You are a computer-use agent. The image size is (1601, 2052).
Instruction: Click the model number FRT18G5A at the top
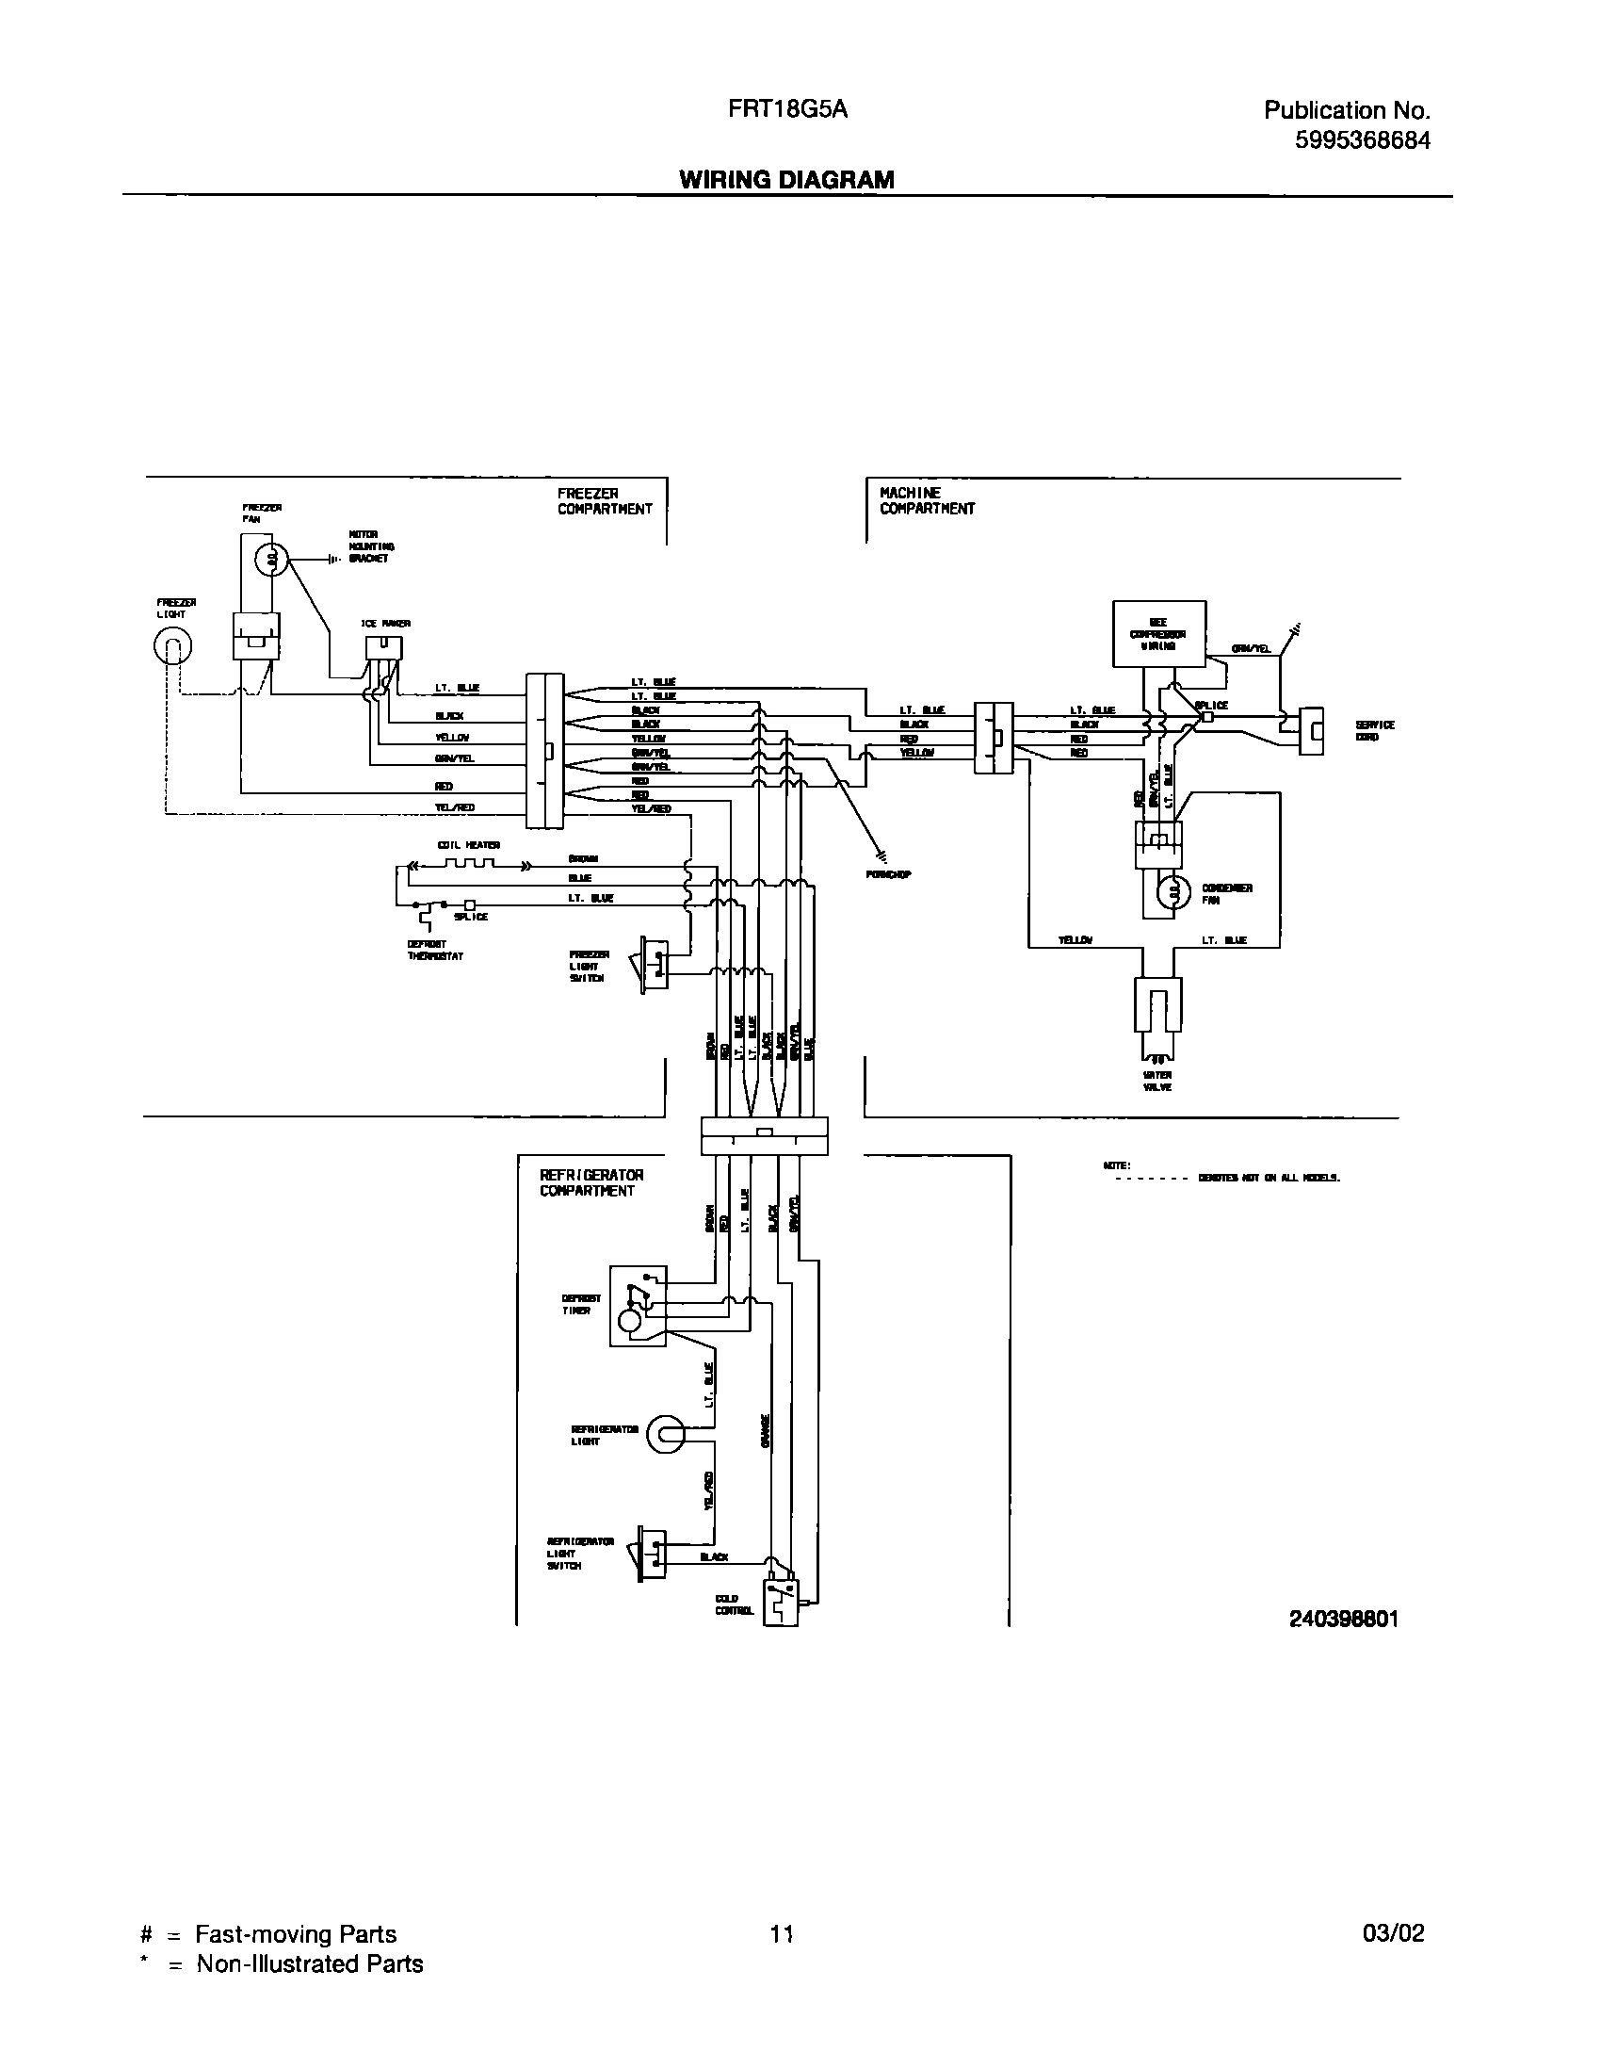tap(787, 109)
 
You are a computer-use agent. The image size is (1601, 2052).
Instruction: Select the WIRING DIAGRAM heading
tap(786, 180)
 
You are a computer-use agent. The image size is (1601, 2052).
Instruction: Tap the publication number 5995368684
tap(1362, 140)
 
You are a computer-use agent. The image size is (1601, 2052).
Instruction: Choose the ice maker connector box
tap(383, 647)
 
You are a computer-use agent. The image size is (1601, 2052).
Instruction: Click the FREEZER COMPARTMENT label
tap(605, 501)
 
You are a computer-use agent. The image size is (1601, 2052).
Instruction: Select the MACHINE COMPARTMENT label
tap(927, 501)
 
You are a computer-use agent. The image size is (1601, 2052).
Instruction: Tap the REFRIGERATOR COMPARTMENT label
tap(591, 1182)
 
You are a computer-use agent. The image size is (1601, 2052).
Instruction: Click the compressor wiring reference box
tap(1159, 634)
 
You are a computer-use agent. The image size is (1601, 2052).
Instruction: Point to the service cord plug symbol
tap(1311, 731)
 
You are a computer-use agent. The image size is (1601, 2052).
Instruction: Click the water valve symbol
tap(1158, 1008)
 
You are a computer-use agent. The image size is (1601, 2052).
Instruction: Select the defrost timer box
tap(638, 1305)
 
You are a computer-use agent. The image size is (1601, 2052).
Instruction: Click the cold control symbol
tap(781, 1602)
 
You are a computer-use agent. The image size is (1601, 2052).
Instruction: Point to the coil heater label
tap(468, 845)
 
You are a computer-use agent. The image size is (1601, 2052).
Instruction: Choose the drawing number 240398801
tap(1344, 1619)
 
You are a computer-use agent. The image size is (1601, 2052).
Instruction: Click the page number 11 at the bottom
tap(782, 1935)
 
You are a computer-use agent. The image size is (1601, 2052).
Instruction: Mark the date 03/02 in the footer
tap(1393, 1934)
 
